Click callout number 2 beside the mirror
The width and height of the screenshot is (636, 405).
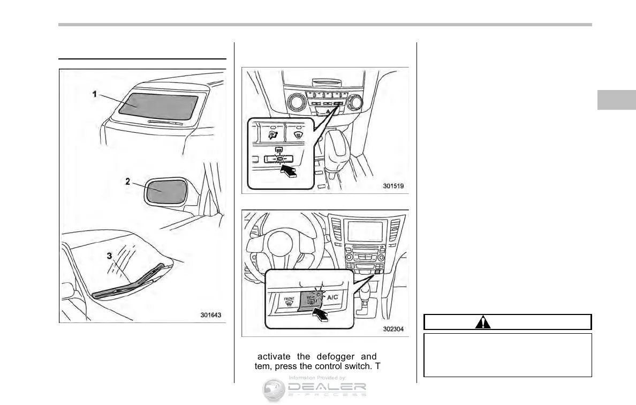point(127,182)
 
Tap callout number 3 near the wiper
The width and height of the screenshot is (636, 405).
point(110,256)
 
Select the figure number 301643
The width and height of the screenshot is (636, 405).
point(211,316)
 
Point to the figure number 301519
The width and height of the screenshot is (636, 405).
point(393,186)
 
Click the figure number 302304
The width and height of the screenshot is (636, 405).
point(393,330)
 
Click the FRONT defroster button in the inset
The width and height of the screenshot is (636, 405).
point(289,302)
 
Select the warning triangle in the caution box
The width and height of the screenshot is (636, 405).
point(482,322)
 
